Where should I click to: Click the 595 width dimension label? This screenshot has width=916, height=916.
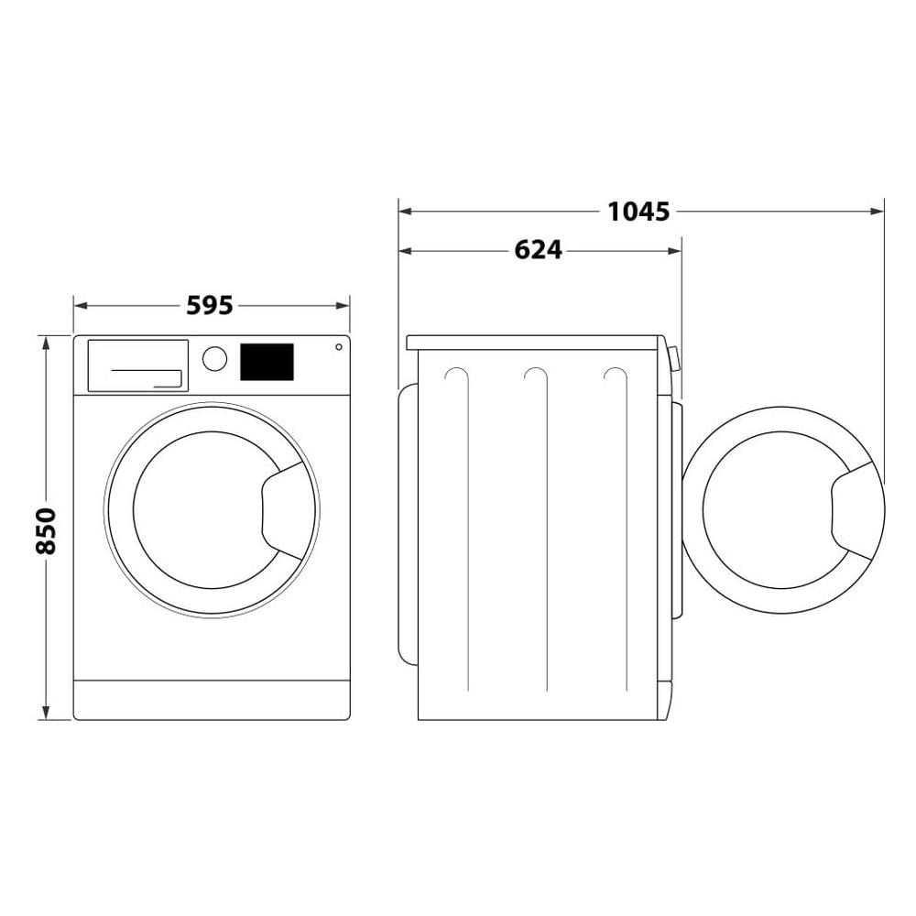click(210, 305)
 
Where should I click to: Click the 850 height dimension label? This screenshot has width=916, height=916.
click(46, 529)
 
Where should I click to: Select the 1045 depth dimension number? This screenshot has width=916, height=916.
click(638, 212)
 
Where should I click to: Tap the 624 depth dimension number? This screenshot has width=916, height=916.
click(538, 249)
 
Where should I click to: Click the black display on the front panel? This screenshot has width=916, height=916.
click(267, 362)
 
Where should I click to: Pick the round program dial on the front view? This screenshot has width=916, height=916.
click(214, 358)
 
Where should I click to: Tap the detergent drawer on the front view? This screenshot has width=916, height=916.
click(137, 365)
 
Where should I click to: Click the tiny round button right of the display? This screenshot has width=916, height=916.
click(339, 347)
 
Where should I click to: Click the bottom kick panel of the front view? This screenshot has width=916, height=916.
click(212, 700)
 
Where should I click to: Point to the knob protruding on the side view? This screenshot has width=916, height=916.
click(674, 358)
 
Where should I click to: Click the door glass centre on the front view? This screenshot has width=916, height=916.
click(200, 510)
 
